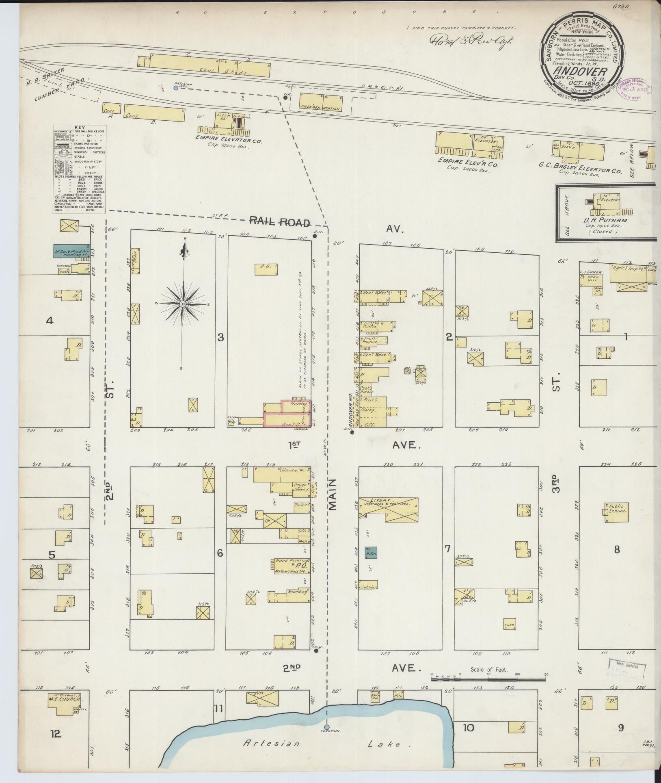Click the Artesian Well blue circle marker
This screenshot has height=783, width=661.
175,88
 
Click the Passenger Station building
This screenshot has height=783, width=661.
321,102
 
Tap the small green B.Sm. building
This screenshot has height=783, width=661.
370,552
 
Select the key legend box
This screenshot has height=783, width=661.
79,169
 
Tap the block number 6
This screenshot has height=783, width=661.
220,553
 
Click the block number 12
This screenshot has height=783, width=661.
56,734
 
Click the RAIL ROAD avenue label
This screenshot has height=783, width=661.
280,222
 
